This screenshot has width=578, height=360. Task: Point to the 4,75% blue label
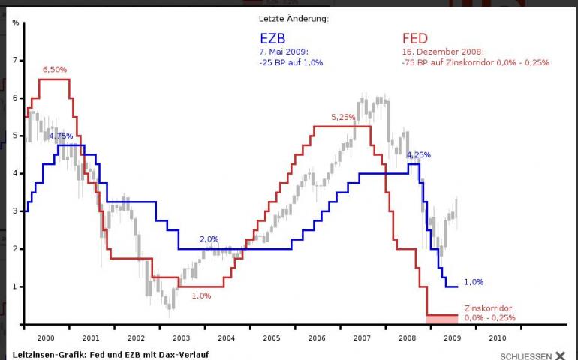pyautogui.click(x=61, y=136)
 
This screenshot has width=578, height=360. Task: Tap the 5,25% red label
pyautogui.click(x=342, y=118)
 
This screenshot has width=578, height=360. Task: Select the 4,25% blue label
pyautogui.click(x=419, y=155)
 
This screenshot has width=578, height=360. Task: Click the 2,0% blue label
pyautogui.click(x=209, y=239)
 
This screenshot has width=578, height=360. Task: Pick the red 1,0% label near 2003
pyautogui.click(x=201, y=295)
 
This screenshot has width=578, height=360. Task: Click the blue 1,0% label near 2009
pyautogui.click(x=474, y=282)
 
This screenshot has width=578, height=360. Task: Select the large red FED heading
pyautogui.click(x=415, y=38)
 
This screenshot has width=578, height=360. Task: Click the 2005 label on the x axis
pyautogui.click(x=272, y=338)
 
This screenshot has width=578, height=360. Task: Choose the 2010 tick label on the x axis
pyautogui.click(x=498, y=338)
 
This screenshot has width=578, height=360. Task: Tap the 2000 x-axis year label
pyautogui.click(x=46, y=338)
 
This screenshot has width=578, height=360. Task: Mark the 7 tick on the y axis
pyautogui.click(x=14, y=59)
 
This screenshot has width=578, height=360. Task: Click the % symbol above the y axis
pyautogui.click(x=15, y=22)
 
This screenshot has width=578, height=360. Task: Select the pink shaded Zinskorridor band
pyautogui.click(x=441, y=319)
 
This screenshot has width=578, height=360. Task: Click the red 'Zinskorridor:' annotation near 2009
pyautogui.click(x=489, y=308)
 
